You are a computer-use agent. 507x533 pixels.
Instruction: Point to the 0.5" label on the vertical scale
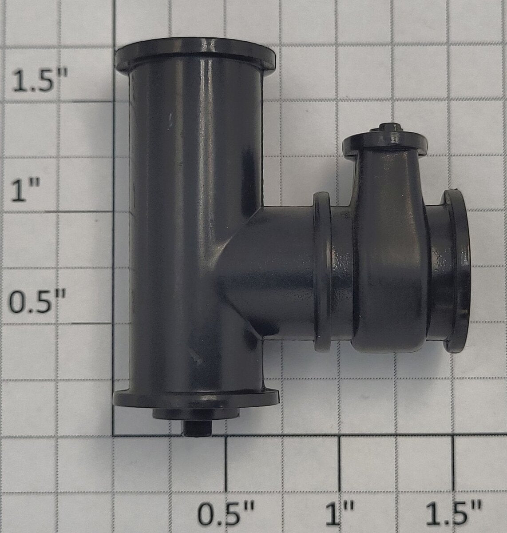point(37,301)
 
